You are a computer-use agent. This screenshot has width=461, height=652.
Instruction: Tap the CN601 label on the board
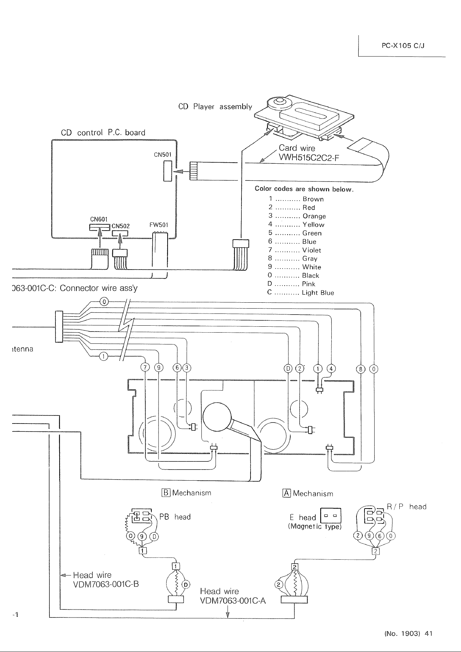coord(99,219)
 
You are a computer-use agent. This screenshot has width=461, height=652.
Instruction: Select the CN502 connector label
coord(121,226)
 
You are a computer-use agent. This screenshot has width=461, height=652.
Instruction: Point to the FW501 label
coord(159,225)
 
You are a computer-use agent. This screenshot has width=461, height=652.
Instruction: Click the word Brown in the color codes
coord(313,199)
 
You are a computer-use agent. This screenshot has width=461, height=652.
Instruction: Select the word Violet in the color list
coord(312,250)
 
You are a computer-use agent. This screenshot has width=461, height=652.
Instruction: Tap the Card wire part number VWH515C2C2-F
coord(309,158)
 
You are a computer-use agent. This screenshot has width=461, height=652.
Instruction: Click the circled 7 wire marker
coord(144,368)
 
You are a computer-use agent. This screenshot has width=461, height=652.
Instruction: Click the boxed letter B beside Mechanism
coord(166,493)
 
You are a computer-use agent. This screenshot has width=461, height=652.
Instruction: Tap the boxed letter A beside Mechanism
coord(286,493)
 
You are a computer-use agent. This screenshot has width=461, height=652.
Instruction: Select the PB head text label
coord(175,517)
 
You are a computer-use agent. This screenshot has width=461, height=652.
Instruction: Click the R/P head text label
coord(407,507)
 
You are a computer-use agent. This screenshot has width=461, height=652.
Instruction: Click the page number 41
coord(429,634)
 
